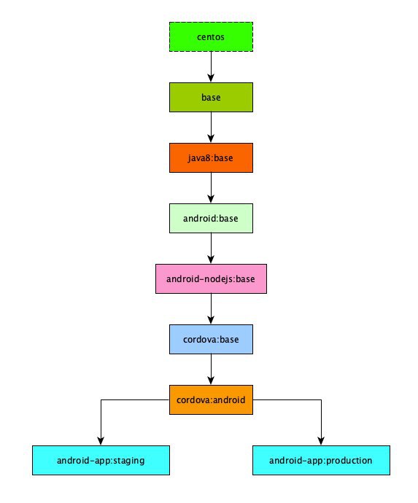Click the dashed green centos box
point(211,37)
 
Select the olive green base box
point(211,97)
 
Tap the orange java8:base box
point(211,158)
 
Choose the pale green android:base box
point(211,218)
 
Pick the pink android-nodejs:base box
point(211,278)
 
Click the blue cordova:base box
point(211,340)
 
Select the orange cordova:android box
point(211,399)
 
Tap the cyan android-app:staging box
point(101,460)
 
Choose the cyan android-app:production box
point(321,460)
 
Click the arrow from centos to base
point(211,67)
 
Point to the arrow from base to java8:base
point(211,128)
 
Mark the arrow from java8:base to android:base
point(211,188)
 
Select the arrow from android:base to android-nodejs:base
point(211,249)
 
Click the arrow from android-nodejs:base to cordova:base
point(211,309)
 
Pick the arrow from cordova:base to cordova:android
point(211,370)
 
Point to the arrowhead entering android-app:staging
point(101,441)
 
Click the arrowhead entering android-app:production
point(321,441)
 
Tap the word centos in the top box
point(211,37)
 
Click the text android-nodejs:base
point(211,278)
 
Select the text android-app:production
point(321,461)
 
